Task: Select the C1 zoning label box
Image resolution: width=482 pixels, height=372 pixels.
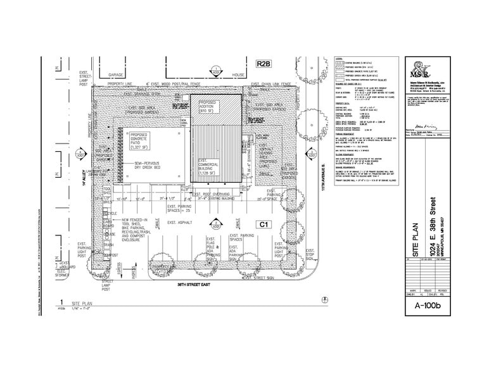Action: pyautogui.click(x=263, y=224)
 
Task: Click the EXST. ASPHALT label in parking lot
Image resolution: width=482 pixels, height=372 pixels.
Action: pyautogui.click(x=181, y=223)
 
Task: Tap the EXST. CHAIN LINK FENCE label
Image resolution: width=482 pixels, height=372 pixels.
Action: pyautogui.click(x=271, y=84)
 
